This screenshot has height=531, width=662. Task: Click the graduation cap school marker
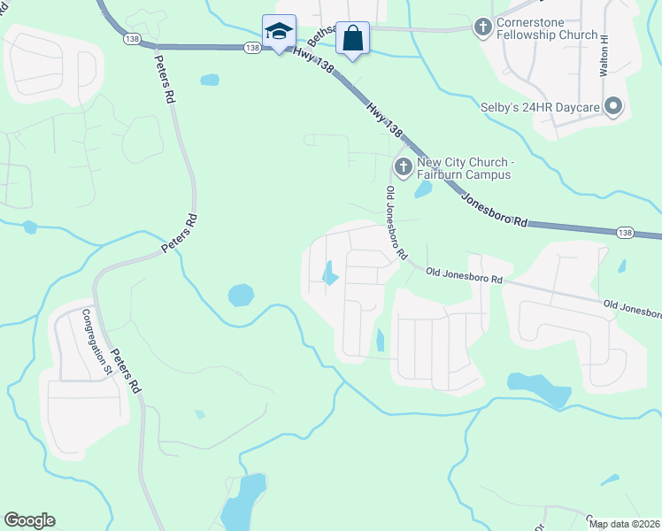point(279,32)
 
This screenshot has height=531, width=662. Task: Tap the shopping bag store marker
point(352,38)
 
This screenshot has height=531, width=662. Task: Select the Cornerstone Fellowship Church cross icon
point(482,27)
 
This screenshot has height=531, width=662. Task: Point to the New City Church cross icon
point(403,165)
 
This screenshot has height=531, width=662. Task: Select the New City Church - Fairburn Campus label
point(465,168)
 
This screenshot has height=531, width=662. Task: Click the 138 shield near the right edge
point(627,232)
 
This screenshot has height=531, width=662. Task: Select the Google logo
point(29,520)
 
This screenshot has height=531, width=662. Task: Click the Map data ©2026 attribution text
point(624,524)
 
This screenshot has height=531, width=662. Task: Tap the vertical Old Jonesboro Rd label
point(395,222)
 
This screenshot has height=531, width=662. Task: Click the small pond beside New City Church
point(423,189)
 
